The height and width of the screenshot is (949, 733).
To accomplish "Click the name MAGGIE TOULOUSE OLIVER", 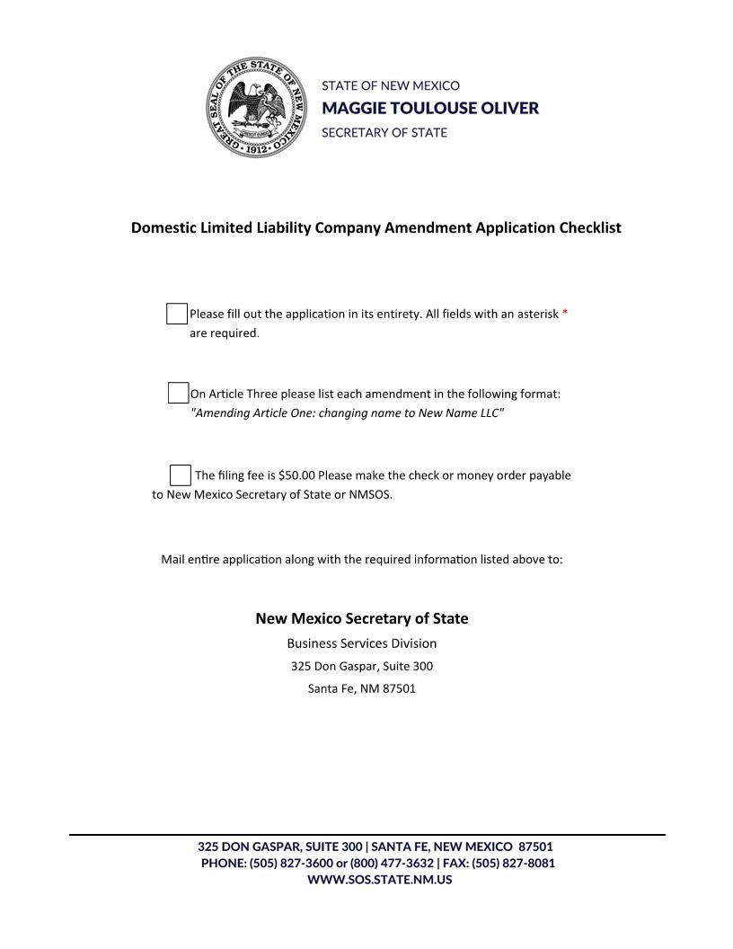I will [x=430, y=109].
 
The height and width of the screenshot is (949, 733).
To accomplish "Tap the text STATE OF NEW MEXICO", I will [x=391, y=86].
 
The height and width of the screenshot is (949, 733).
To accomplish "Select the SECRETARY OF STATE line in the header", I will [x=384, y=132].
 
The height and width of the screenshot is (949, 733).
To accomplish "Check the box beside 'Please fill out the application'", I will [x=177, y=314].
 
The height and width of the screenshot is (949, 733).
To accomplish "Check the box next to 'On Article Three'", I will [x=178, y=393].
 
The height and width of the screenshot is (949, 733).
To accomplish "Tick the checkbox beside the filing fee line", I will [x=181, y=474].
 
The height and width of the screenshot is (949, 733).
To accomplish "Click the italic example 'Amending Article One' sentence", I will [x=347, y=412].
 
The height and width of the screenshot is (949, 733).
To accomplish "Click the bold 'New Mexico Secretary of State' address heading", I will [x=361, y=618].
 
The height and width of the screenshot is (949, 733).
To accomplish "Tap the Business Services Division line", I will [x=361, y=643].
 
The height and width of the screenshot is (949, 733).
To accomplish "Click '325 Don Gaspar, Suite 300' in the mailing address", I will [x=361, y=667].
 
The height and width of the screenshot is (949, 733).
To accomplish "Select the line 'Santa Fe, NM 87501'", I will [x=361, y=689].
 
